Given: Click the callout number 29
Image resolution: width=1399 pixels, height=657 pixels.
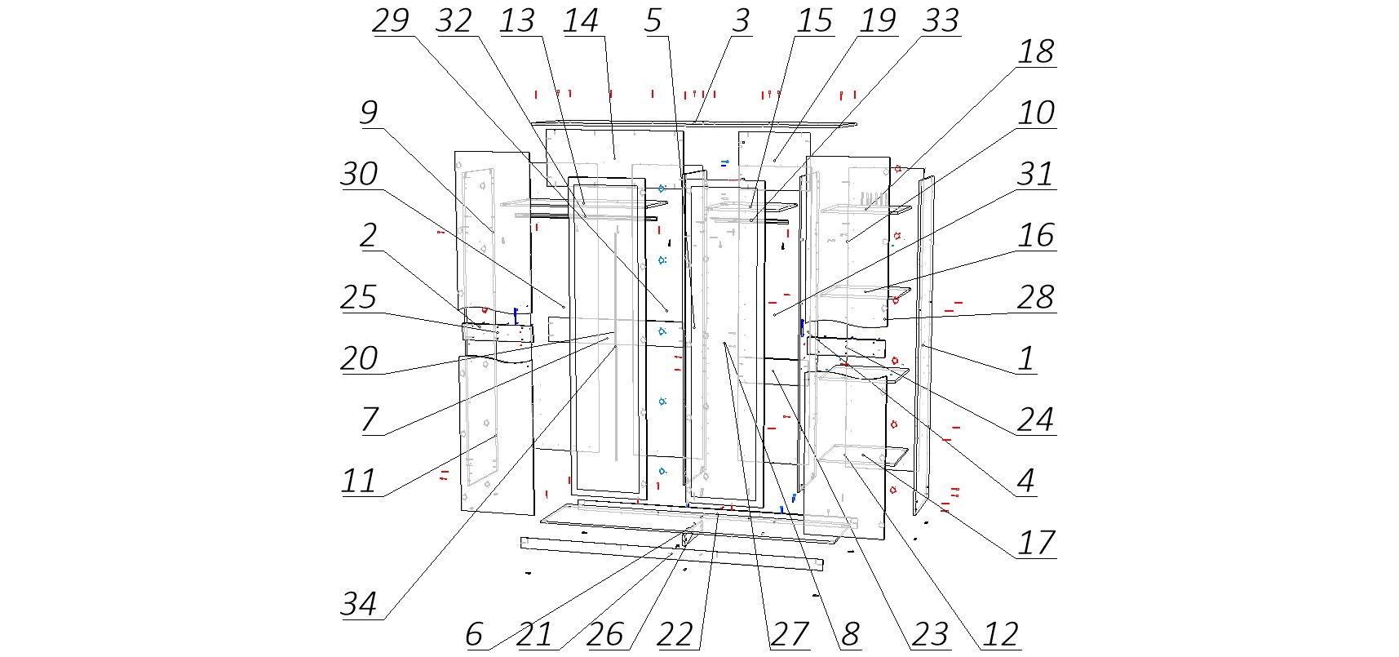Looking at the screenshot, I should click(390, 21).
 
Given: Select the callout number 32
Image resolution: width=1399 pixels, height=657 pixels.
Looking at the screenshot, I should click(454, 21).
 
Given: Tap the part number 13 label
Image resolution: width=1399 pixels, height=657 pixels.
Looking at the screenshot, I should click(517, 21).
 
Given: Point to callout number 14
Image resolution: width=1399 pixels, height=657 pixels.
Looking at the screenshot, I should click(581, 21).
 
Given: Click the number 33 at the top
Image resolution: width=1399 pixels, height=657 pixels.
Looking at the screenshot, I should click(941, 21).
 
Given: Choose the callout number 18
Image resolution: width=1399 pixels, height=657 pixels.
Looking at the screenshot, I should click(1035, 52).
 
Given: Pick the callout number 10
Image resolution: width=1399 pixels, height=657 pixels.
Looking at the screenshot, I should click(1035, 113).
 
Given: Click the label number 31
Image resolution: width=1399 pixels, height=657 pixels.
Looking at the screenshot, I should click(1035, 175).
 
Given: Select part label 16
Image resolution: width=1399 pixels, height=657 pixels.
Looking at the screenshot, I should click(1035, 236).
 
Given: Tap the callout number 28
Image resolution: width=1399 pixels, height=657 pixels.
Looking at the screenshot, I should click(1035, 297).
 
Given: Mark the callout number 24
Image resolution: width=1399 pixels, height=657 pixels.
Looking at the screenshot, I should click(1035, 420).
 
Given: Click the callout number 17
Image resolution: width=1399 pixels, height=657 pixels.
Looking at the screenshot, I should click(1035, 544).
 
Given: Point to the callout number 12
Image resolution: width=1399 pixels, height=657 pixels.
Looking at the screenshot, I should click(1000, 635).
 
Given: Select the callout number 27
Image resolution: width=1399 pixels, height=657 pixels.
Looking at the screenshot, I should click(789, 635).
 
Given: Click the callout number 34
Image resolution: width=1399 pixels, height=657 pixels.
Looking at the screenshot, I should click(359, 605).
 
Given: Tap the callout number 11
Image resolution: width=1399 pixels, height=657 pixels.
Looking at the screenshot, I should click(359, 482).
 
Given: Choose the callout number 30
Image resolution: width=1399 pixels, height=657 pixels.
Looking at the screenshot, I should click(359, 175).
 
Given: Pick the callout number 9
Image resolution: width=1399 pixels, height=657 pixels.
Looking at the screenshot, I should click(368, 113).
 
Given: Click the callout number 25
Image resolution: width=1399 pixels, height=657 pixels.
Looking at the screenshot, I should click(359, 297).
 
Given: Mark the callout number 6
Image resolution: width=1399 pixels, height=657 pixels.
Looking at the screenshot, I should click(474, 635).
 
